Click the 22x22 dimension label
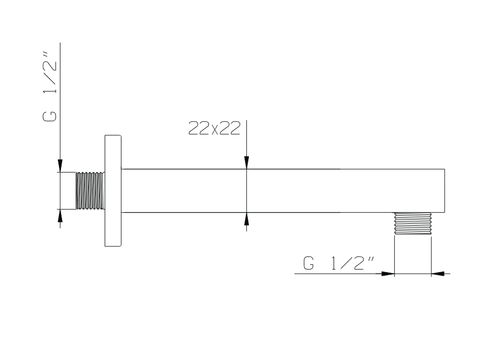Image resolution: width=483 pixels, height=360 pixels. point(214,128)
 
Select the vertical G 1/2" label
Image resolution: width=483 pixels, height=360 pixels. point(50,87)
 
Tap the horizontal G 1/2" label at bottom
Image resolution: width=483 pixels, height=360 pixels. point(338,263)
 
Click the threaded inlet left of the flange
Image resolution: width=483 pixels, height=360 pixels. point(90,191)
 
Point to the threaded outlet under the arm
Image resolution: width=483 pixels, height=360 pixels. point(413,224)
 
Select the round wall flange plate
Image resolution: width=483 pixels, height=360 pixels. point(113,191)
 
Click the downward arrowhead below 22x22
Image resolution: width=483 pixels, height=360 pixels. point(246,163)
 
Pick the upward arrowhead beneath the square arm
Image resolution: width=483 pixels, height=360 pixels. point(246,219)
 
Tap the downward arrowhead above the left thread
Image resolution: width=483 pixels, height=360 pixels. point(60,166)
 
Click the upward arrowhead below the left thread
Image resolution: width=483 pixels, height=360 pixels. point(60,215)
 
